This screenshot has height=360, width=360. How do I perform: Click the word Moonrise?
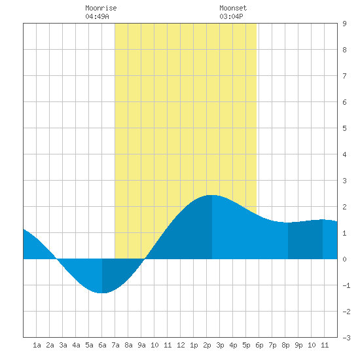point(101,8)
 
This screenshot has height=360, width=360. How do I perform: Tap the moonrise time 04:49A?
point(97,16)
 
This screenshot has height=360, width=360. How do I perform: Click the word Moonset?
point(233,8)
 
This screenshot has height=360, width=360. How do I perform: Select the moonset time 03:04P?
point(231,16)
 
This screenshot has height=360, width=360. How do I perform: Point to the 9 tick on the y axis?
point(344,24)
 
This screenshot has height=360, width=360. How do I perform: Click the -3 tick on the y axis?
point(346,338)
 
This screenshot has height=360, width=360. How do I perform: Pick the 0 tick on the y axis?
point(344,259)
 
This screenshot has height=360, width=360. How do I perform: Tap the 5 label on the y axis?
point(344,128)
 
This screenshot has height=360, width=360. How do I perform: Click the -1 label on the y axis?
point(346,285)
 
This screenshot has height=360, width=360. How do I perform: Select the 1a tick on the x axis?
point(37,345)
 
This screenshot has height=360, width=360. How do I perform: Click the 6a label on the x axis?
point(102,345)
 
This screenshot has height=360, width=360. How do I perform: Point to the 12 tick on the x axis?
point(181,345)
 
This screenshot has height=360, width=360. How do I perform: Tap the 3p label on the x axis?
point(220,345)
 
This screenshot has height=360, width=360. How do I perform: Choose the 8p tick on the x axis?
point(285,345)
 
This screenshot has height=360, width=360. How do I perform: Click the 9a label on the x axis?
point(141,345)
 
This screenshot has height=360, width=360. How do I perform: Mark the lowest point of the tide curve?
point(101,293)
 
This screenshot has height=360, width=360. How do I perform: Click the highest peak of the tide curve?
point(212,195)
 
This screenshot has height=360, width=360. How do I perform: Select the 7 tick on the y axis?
point(344,76)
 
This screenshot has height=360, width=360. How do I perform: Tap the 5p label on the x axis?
point(246,345)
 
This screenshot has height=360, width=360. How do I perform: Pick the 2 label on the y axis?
point(344,207)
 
